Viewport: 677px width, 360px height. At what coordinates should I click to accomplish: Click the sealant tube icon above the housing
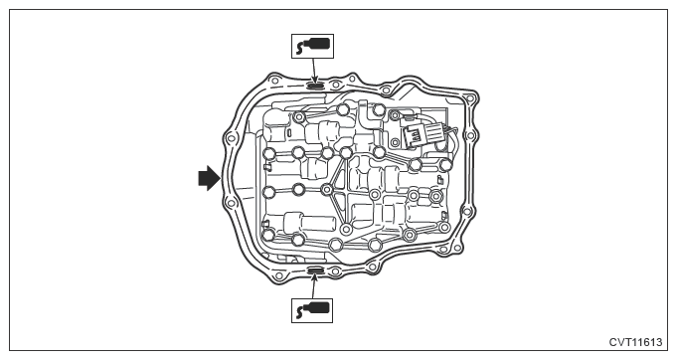312,46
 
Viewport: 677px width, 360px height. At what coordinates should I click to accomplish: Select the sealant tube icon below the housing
312,310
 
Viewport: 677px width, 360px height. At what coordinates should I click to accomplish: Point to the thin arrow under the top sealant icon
314,71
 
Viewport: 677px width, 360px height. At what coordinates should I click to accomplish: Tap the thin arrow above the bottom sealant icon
314,286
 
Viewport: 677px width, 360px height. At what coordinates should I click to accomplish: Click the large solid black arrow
209,178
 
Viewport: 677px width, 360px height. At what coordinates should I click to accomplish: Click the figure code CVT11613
635,342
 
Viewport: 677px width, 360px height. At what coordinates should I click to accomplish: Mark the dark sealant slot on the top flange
315,86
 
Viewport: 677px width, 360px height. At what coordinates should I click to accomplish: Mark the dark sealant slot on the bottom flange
315,270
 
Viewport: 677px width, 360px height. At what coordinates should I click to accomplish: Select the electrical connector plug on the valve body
415,134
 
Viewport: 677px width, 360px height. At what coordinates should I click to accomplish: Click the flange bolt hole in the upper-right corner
470,99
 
